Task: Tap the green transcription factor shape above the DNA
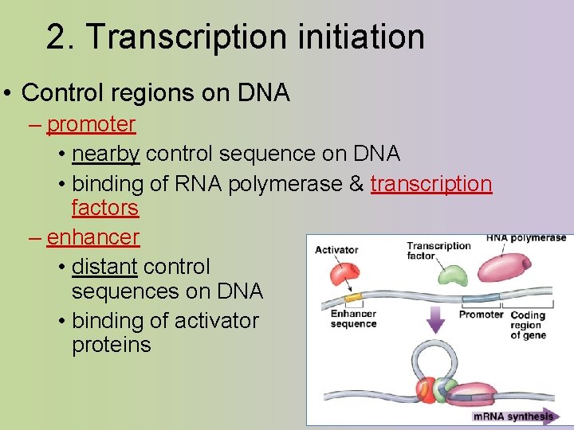click(x=452, y=275)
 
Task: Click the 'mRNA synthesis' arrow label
click(x=513, y=416)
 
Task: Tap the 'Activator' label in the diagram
click(x=336, y=249)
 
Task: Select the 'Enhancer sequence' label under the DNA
click(x=353, y=319)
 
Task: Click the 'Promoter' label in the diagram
click(x=481, y=315)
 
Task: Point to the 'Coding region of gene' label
click(x=527, y=325)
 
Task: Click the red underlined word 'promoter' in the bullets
click(x=91, y=124)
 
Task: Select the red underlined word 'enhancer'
click(x=92, y=237)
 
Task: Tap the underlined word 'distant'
click(x=104, y=266)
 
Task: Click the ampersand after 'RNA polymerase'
click(x=356, y=184)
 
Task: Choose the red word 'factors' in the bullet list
click(x=104, y=208)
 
